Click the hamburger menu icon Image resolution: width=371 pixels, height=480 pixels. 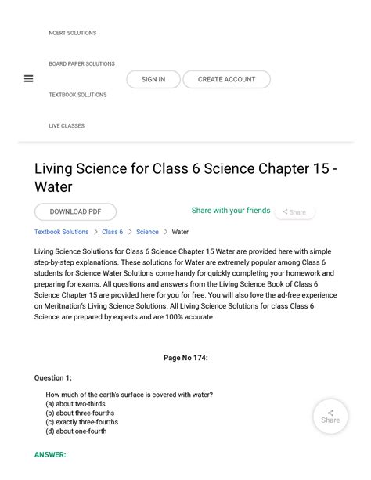28,78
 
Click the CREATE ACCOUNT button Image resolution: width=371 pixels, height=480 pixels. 226,79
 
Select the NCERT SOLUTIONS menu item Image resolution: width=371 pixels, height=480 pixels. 72,33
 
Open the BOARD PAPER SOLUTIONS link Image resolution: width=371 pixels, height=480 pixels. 81,64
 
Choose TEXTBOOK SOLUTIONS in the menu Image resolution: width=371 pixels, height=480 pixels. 77,95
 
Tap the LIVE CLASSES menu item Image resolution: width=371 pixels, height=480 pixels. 67,125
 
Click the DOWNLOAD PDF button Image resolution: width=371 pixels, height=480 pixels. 75,211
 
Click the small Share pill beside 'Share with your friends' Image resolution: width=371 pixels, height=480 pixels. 294,212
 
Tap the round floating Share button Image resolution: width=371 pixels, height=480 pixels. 330,416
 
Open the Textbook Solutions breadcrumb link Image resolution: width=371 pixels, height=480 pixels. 61,232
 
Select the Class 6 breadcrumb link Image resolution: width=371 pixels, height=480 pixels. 112,232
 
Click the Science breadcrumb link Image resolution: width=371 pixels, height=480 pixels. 147,232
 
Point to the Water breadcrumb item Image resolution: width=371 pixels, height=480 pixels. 180,232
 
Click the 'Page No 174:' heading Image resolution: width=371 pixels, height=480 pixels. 185,358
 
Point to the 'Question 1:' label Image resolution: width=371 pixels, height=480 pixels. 52,377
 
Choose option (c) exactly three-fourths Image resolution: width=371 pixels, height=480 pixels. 82,421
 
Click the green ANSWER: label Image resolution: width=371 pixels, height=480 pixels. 50,454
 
